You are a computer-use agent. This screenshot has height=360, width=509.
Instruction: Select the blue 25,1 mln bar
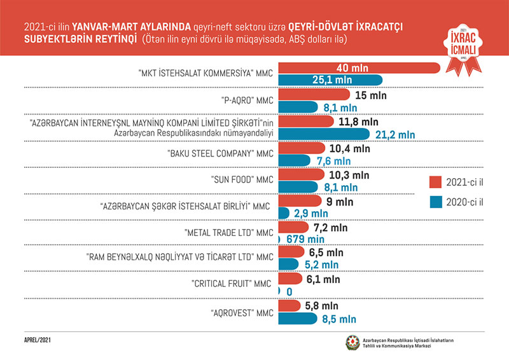click(x=331, y=80)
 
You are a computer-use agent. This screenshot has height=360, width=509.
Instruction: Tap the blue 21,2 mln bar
click(x=324, y=134)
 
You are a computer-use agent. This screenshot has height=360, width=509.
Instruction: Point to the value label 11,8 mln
click(x=357, y=121)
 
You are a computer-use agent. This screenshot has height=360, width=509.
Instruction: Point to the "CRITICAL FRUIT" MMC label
click(x=231, y=283)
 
